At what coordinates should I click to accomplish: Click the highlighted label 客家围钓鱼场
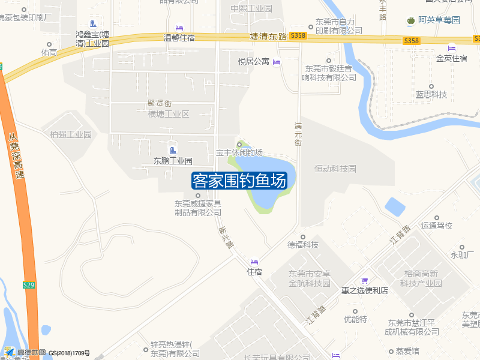[239, 181]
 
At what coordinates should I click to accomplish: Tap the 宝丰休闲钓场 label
[239, 153]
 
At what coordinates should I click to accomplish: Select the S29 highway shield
[29, 285]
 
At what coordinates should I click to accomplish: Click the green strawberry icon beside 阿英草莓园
[411, 20]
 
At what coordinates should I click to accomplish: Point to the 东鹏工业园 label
[173, 161]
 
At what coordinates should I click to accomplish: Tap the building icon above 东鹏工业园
[173, 150]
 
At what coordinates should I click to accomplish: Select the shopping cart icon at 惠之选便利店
[364, 280]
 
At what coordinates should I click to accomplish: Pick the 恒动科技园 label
[335, 169]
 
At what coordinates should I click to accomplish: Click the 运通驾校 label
[437, 226]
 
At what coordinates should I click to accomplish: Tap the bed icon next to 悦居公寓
[277, 62]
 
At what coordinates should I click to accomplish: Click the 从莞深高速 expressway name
[17, 156]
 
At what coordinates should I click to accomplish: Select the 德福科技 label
[303, 245]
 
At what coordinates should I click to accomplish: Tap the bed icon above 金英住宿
[452, 49]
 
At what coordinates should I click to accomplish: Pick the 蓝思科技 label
[431, 95]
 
